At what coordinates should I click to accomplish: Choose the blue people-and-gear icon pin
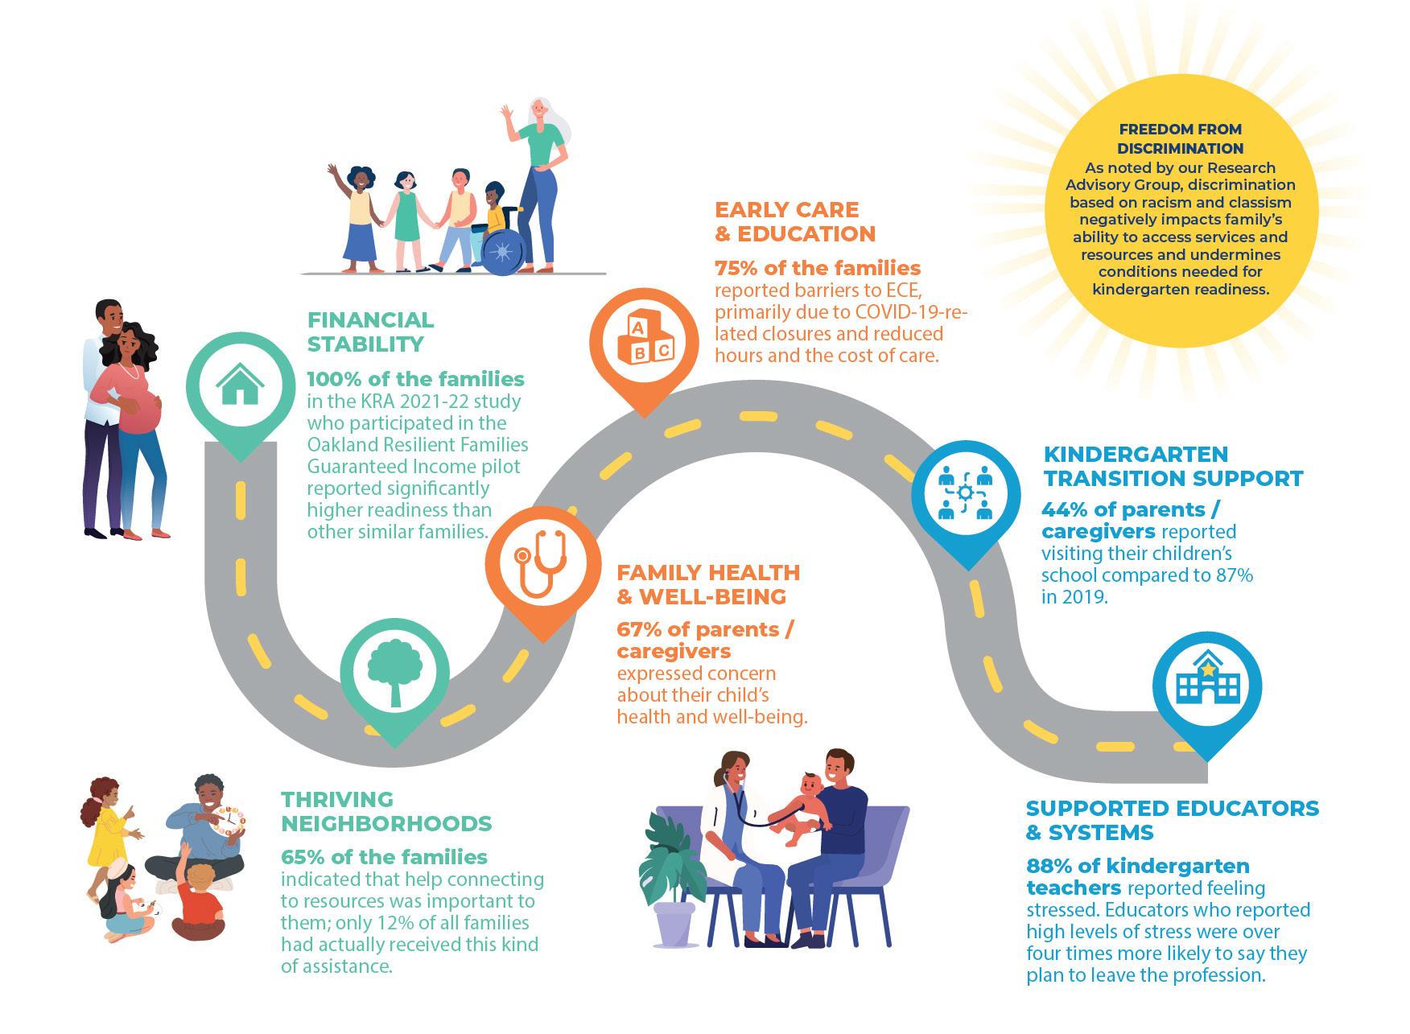965,493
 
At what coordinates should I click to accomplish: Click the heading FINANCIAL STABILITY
370,332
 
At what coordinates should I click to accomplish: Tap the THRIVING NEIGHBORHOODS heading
385,811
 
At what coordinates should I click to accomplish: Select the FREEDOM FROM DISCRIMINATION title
1180,138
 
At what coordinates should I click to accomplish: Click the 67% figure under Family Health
637,629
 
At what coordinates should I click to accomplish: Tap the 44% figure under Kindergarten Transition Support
1062,510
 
